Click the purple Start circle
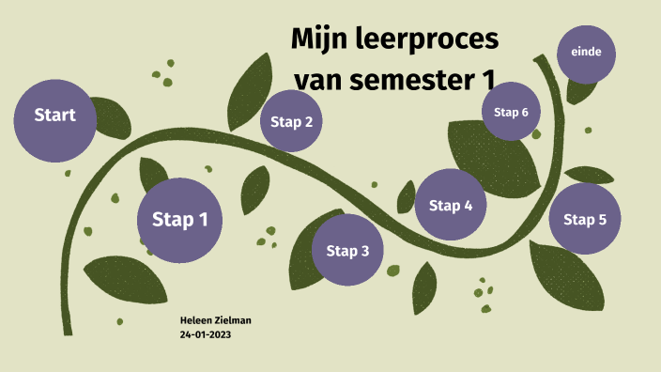[x=54, y=116]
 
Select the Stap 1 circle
[x=180, y=220]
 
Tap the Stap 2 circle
[x=291, y=121]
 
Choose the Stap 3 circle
[x=347, y=250]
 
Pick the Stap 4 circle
[x=451, y=205]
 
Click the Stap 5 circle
[x=584, y=220]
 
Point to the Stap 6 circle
[x=511, y=112]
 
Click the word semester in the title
[x=405, y=81]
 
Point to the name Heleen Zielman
[x=215, y=320]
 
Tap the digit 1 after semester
[x=484, y=81]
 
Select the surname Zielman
[x=232, y=320]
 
